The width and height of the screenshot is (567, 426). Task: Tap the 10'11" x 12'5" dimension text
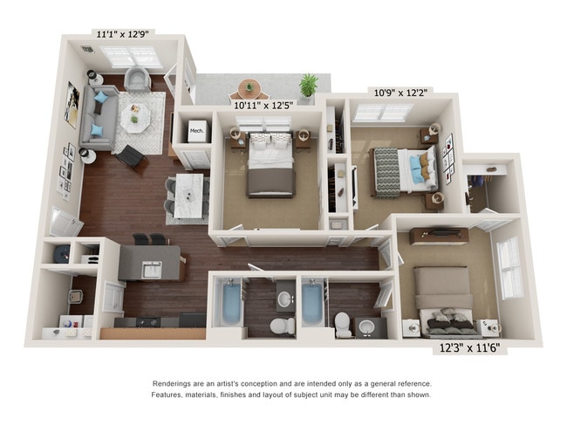click(x=263, y=105)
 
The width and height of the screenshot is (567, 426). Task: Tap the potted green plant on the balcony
click(x=308, y=86)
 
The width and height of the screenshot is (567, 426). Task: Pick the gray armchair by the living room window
click(x=138, y=80)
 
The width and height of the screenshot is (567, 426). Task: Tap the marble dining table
click(x=188, y=196)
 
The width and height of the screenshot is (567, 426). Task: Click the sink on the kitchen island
click(x=150, y=267)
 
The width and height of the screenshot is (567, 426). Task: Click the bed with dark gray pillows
click(x=446, y=313)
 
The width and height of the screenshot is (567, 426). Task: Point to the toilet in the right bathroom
click(x=343, y=323)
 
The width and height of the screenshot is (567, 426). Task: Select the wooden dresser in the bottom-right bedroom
click(x=439, y=236)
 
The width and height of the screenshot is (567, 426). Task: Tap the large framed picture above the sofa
click(x=72, y=104)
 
